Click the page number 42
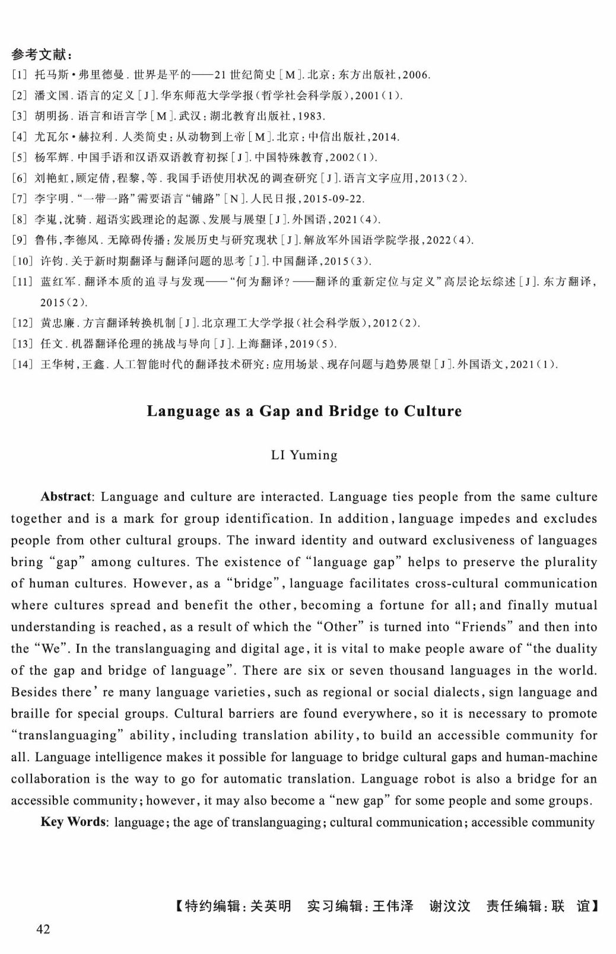pos(43,928)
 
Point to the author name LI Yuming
pos(304,455)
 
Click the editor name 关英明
pos(271,906)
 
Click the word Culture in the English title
pos(433,411)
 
